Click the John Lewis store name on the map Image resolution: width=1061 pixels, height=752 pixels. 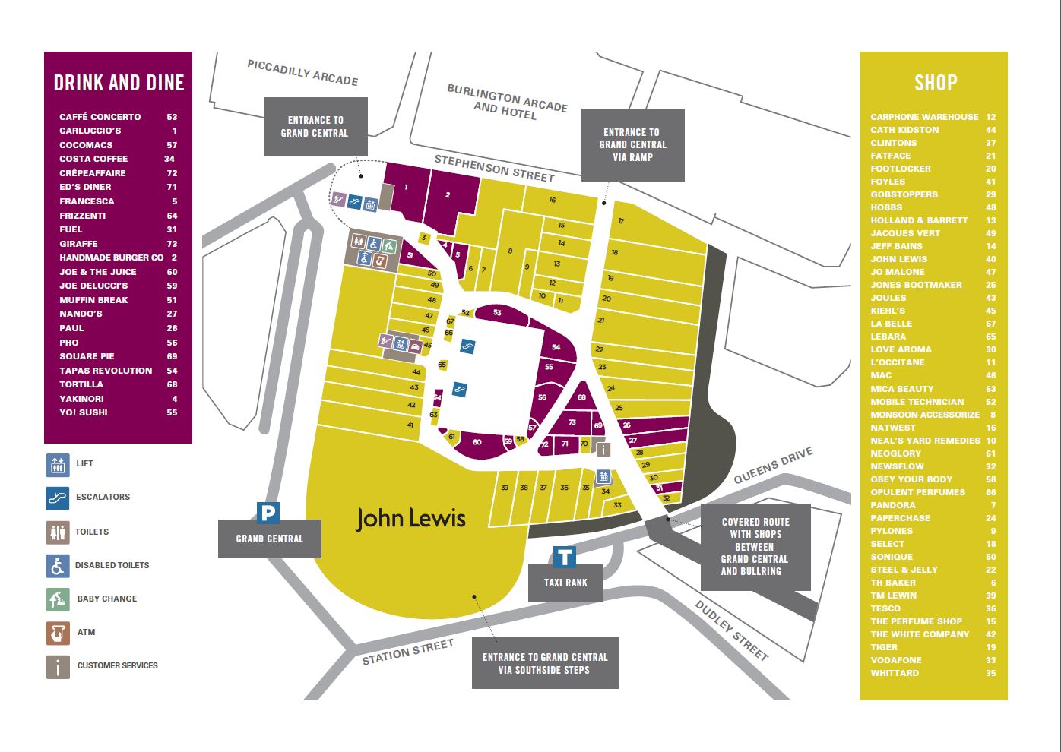coord(410,519)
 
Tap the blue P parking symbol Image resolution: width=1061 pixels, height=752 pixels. coord(268,513)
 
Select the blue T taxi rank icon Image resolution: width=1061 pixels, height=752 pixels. coord(564,558)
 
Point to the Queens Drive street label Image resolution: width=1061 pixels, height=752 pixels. coord(774,465)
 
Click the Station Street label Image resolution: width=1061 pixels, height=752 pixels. coord(407,652)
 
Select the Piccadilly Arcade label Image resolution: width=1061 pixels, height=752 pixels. coord(302,73)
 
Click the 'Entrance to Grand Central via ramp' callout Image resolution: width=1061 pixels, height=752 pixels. coord(632,144)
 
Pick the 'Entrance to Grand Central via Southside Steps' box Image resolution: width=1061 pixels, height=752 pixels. coord(545,663)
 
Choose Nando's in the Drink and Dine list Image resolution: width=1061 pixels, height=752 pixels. coord(81,314)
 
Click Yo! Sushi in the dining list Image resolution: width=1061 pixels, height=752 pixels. coord(84,412)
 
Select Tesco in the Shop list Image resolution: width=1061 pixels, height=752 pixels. coord(885,608)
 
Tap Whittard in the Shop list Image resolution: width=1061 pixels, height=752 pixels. coord(895,673)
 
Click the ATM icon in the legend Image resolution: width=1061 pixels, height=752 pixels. coord(58,632)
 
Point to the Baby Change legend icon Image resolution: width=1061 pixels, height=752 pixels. coord(58,599)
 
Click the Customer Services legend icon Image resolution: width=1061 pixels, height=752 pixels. coord(58,666)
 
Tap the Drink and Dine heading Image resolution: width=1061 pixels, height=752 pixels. coord(119,83)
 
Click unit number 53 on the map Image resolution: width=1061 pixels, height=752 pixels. coord(497,313)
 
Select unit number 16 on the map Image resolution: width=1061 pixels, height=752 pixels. coord(553,200)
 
